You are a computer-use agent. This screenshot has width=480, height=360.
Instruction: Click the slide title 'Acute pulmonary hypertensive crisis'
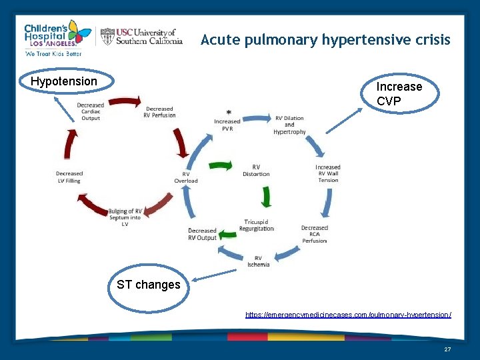coord(325,40)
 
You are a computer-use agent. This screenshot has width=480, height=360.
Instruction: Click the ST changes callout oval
coord(149,285)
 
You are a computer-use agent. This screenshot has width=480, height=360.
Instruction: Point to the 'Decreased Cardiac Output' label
coord(90,111)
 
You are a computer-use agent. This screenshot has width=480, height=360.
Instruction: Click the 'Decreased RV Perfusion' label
coord(159,112)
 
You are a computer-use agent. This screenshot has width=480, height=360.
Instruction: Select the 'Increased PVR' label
coord(227,125)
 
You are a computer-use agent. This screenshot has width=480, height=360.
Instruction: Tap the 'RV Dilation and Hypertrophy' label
coord(289,125)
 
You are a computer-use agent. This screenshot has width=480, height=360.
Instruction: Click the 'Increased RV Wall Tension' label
coord(328,173)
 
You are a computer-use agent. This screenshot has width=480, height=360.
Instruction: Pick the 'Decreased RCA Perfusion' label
coord(314,233)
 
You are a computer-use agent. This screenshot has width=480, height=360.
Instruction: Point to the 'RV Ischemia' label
coord(258,261)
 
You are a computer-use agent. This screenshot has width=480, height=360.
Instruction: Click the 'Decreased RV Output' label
coord(202,234)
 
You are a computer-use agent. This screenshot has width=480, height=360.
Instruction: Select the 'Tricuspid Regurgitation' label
coord(257,225)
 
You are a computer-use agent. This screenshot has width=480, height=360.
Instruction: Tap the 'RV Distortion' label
coord(256,170)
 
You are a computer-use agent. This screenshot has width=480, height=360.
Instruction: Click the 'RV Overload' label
coord(186,177)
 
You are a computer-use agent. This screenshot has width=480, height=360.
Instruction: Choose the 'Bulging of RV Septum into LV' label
coord(125,217)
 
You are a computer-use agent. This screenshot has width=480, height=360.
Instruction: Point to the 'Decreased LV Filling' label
coord(69,177)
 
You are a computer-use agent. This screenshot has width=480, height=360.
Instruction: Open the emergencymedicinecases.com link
coord(348,314)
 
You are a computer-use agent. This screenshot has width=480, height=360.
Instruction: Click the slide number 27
coord(447,349)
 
